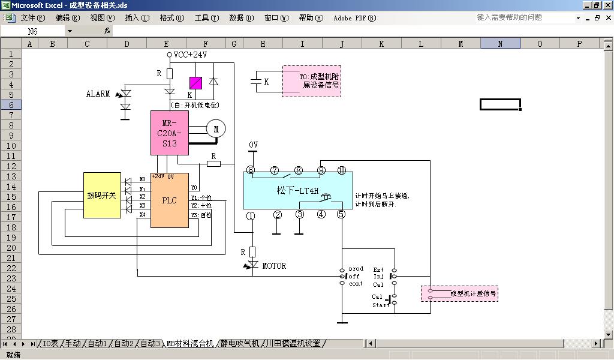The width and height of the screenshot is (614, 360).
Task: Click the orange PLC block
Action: tap(169, 200)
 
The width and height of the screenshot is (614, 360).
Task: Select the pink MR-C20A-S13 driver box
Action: tap(169, 133)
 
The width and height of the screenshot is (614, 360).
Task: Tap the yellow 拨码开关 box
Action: tap(102, 196)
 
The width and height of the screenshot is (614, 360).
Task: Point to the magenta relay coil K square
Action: tap(195, 83)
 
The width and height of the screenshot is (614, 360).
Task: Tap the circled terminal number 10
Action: tap(342, 170)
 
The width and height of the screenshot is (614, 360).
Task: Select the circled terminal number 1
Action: tap(251, 215)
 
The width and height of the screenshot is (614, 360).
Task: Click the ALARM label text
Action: tap(98, 94)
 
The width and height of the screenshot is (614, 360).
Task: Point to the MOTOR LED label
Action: tap(274, 266)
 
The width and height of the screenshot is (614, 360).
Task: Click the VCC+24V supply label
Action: tap(191, 55)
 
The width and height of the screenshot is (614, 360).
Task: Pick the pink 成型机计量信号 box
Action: tap(459, 293)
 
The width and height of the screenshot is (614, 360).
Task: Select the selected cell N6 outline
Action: tap(500, 104)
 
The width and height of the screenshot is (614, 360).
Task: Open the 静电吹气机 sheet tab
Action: tap(239, 344)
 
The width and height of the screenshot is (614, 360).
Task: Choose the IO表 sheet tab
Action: tap(50, 344)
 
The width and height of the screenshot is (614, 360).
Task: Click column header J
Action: tap(342, 44)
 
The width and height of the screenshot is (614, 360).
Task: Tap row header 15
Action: tap(11, 196)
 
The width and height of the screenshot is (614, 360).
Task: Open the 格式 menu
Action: tap(171, 18)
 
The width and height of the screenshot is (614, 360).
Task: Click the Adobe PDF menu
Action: tap(354, 18)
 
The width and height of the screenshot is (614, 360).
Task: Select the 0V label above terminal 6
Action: tap(253, 145)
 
